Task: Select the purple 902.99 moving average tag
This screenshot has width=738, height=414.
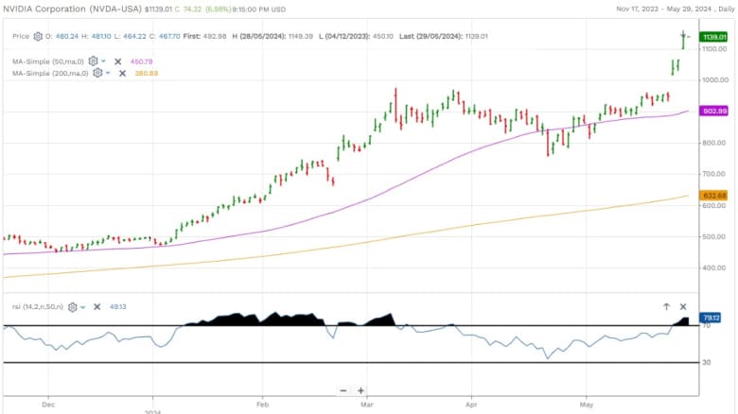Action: pos(713,111)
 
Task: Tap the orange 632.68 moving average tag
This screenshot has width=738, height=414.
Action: pos(713,196)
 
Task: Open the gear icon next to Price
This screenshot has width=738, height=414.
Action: pos(39,37)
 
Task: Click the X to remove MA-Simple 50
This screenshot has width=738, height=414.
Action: pos(118,60)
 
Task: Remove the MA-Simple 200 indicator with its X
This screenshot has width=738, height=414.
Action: pos(123,73)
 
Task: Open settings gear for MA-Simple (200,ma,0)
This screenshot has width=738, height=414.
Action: pos(97,73)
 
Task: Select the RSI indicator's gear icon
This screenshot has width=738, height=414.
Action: pos(73,307)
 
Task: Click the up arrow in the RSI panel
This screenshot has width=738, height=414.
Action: pos(666,307)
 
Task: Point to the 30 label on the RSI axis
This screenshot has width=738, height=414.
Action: pos(707,362)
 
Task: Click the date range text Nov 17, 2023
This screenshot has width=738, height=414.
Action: pos(637,9)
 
